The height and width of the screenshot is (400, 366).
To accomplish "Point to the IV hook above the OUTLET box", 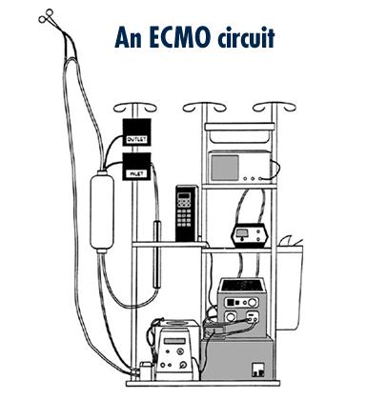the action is (x=130, y=103).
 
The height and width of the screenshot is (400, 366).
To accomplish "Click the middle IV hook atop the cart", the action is (x=202, y=106).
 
